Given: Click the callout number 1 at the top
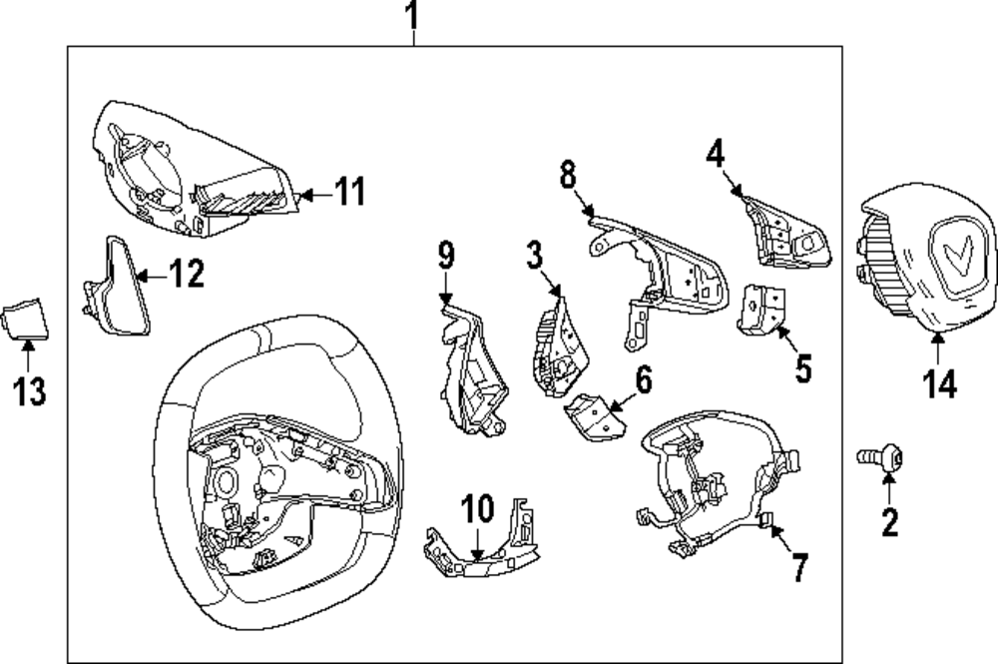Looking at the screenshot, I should tap(412, 17).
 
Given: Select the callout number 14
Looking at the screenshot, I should tap(938, 382).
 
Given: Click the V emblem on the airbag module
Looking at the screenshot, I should tap(956, 255).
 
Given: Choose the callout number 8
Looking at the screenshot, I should tap(567, 176).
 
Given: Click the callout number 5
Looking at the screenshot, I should tap(803, 368).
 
